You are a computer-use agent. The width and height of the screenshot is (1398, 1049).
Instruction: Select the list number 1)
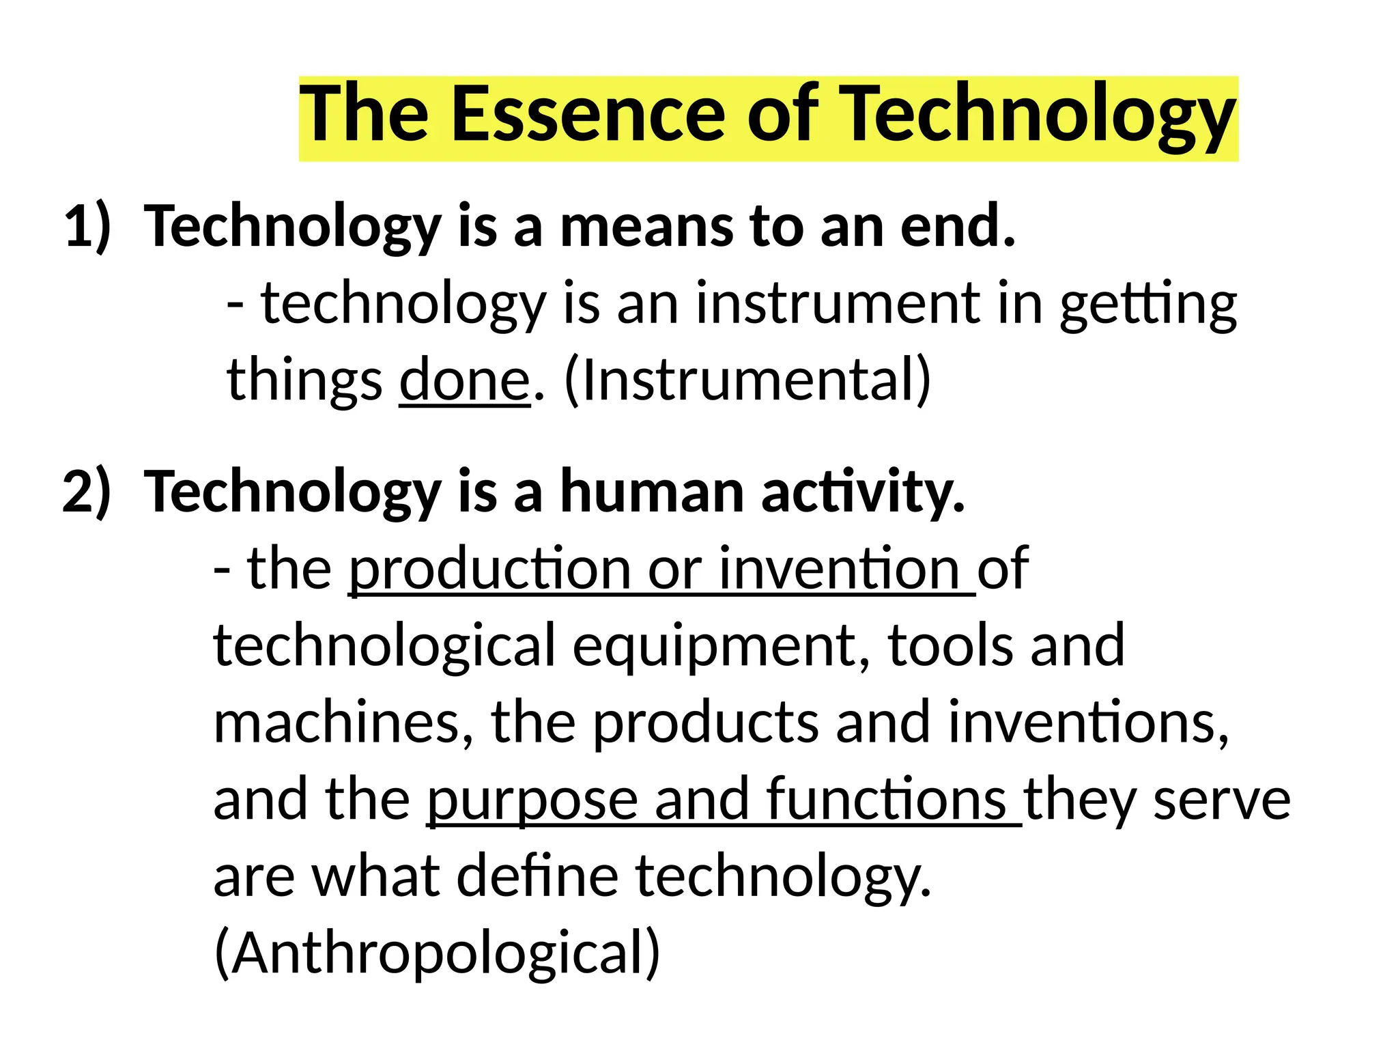87,227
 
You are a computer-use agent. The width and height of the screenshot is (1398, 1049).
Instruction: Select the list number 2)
86,492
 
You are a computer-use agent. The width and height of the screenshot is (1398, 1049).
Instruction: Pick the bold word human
652,492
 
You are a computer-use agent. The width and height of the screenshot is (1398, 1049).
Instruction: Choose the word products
705,723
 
